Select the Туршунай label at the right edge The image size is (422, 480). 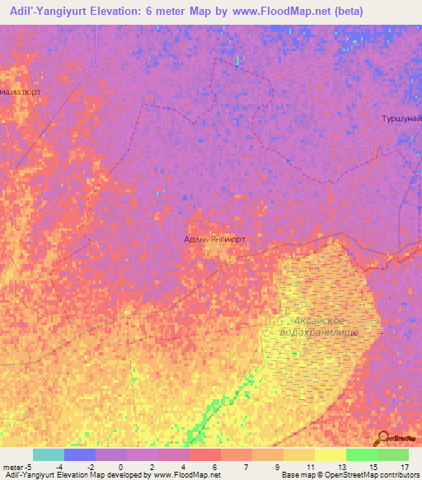pyautogui.click(x=401, y=119)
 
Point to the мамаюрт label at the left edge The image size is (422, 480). pyautogui.click(x=21, y=92)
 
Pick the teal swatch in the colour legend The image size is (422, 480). pyautogui.click(x=49, y=454)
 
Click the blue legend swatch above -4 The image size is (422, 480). pyautogui.click(x=80, y=454)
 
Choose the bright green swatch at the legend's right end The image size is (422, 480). pyautogui.click(x=392, y=454)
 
